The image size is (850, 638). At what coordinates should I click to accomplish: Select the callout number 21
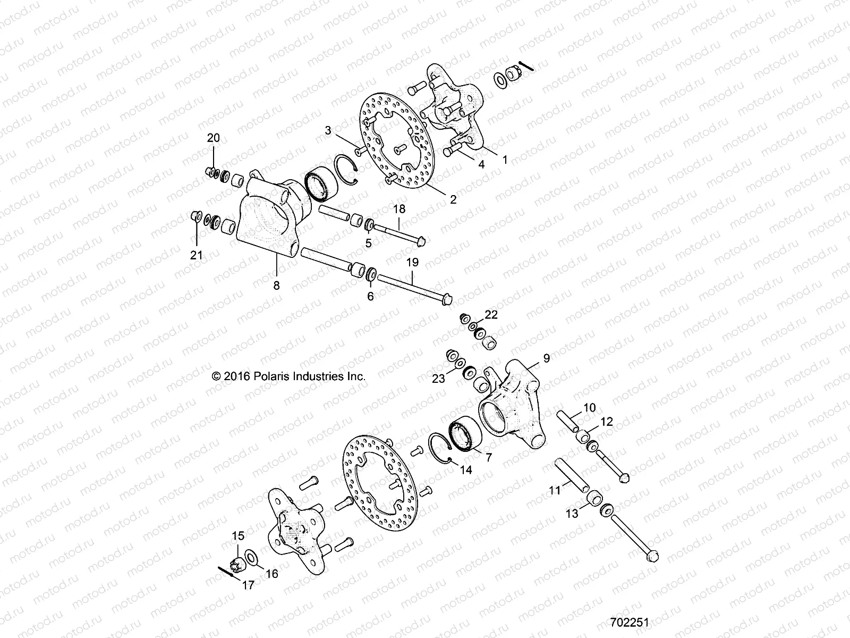point(197,256)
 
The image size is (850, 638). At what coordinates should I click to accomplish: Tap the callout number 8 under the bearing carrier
point(276,286)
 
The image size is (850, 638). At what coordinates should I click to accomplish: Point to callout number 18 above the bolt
point(399,209)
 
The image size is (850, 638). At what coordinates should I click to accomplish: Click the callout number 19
point(413,262)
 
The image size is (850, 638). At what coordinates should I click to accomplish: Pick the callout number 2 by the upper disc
point(453,200)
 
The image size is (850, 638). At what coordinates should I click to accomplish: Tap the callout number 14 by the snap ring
point(466,470)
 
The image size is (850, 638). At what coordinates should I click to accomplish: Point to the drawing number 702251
point(630,622)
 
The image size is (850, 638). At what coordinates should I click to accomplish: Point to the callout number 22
point(491,315)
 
